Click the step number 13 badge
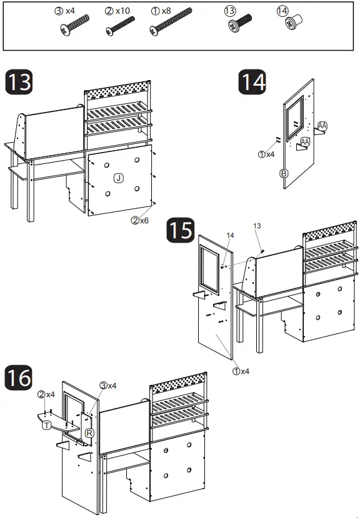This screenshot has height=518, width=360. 19,82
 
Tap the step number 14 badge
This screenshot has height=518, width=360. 252,82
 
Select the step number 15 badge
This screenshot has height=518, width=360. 180,230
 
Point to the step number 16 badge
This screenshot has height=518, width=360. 19,378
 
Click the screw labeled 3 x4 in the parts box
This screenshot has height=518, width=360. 75,25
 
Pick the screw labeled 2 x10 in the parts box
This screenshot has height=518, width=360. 120,26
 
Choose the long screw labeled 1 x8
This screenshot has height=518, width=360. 171,21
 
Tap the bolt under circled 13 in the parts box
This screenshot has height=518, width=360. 240,23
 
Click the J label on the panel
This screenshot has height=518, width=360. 119,178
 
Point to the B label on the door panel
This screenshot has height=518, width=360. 284,173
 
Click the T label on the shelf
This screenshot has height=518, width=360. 46,425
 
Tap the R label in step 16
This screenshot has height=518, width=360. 90,433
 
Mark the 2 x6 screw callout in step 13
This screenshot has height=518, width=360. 140,220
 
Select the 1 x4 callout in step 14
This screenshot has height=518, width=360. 266,155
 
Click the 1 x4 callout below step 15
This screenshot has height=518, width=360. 241,372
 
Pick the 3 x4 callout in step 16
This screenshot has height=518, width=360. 108,385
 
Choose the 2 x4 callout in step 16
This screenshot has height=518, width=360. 46,395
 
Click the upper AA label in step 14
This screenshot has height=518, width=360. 322,126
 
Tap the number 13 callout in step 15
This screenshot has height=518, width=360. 257,226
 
